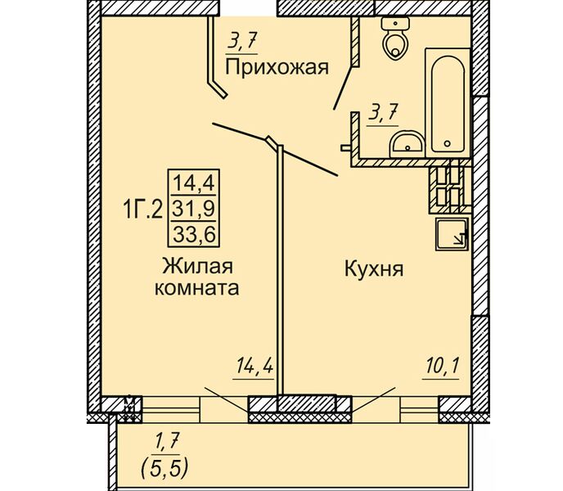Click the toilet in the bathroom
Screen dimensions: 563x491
click(395, 38)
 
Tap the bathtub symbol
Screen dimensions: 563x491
click(448, 103)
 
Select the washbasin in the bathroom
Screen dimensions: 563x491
click(408, 144)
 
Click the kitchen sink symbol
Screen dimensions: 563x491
click(452, 233)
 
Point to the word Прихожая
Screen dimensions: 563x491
click(277, 67)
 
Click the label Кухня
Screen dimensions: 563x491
click(374, 268)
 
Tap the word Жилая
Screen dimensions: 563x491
click(198, 267)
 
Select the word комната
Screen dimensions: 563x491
click(196, 288)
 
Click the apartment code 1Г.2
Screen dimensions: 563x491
click(143, 209)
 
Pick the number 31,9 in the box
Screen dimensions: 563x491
click(194, 209)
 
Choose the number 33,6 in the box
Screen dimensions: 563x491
click(194, 235)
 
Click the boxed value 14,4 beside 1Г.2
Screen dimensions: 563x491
click(194, 182)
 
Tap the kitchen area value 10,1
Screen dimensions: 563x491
click(442, 367)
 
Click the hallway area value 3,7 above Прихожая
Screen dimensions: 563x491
click(242, 44)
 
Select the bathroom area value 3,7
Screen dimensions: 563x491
click(383, 115)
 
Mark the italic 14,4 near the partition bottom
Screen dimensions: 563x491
click(254, 367)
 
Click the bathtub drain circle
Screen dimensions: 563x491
click(447, 144)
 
